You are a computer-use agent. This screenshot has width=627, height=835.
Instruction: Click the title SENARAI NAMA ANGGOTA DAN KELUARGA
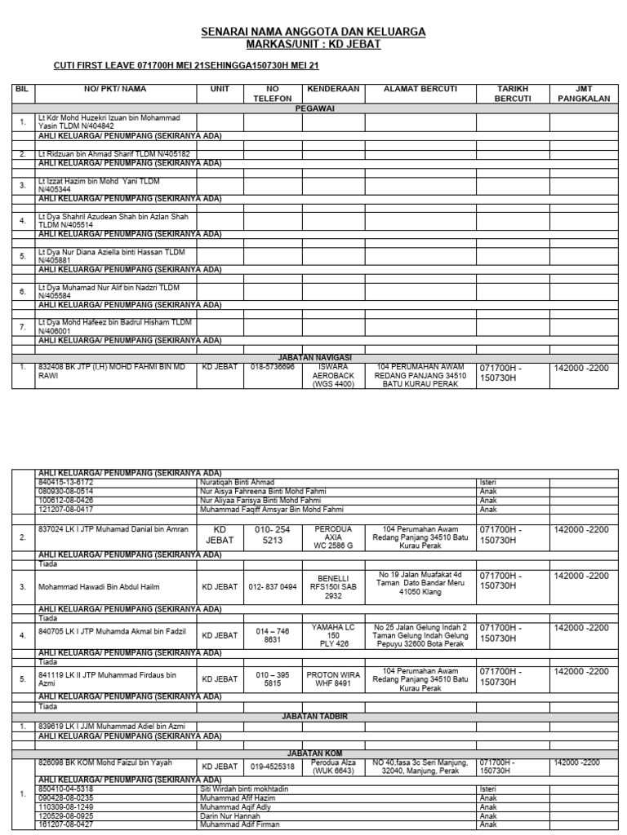[x=313, y=32]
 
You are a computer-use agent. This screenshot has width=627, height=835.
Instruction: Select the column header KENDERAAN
[x=331, y=88]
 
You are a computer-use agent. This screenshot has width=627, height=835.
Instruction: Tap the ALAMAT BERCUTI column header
[x=420, y=88]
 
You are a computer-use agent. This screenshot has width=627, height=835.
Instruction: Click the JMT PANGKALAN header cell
[x=580, y=93]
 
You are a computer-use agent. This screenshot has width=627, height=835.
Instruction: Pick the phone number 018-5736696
[x=273, y=367]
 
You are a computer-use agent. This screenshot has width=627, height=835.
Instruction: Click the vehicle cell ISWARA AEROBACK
[x=331, y=375]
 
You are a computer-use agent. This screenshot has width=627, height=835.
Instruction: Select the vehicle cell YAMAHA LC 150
[x=331, y=635]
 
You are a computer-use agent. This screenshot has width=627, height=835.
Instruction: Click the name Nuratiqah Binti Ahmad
[x=238, y=482]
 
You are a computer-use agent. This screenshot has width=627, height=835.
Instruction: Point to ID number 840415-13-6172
[x=66, y=482]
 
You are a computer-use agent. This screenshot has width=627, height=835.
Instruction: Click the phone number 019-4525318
[x=273, y=766]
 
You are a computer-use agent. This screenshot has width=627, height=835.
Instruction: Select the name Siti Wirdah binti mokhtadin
[x=246, y=789]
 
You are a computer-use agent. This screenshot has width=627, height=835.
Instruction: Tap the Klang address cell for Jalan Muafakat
[x=420, y=582]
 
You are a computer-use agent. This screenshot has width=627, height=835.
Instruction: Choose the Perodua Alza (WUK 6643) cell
[x=331, y=766]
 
